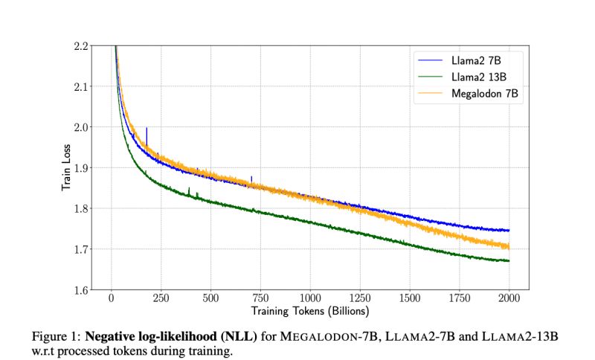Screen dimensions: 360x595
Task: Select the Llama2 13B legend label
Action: [x=480, y=77]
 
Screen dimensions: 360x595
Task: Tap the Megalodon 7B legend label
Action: [x=486, y=94]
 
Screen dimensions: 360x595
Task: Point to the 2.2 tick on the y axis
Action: [x=82, y=46]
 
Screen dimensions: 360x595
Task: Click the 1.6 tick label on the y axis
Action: [x=82, y=289]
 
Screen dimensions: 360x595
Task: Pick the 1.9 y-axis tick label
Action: [x=82, y=168]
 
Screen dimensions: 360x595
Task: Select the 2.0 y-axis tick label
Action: [x=82, y=127]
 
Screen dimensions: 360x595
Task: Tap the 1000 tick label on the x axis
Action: [x=310, y=299]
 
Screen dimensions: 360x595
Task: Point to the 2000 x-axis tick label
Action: [x=509, y=299]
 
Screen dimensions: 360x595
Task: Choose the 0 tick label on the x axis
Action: [x=111, y=299]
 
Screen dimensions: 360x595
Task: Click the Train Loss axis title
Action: [x=65, y=167]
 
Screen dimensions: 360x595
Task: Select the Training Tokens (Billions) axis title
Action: [x=309, y=310]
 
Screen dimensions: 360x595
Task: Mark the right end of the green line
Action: [x=509, y=261]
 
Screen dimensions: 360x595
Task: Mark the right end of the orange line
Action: [x=509, y=246]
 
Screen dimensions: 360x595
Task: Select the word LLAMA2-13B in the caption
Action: [x=520, y=337]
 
